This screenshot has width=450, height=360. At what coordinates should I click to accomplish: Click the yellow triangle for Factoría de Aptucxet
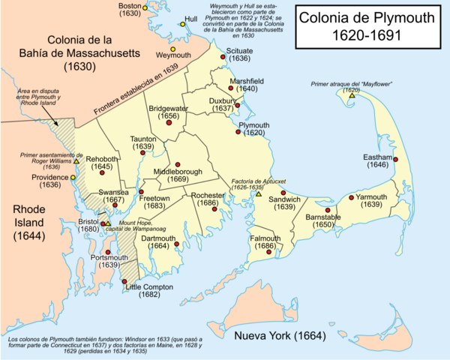pyautogui.click(x=258, y=194)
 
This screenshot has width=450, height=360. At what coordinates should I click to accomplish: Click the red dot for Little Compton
pyautogui.click(x=124, y=282)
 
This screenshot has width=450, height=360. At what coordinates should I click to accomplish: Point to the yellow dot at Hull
pyautogui.click(x=182, y=25)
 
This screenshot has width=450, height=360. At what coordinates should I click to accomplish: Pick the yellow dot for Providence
pyautogui.click(x=73, y=177)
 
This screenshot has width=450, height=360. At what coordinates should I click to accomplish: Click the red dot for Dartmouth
pyautogui.click(x=176, y=244)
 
